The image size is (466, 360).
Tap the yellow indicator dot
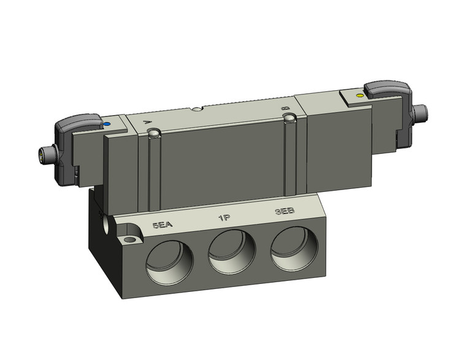tap(359, 96)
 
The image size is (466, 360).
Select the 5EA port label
tap(162, 225)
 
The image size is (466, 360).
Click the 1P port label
tap(224, 218)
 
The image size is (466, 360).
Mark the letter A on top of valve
tap(147, 123)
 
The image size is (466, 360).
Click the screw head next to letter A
tap(156, 132)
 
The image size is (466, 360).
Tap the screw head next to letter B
tap(294, 117)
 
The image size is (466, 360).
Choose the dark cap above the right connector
tap(390, 89)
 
